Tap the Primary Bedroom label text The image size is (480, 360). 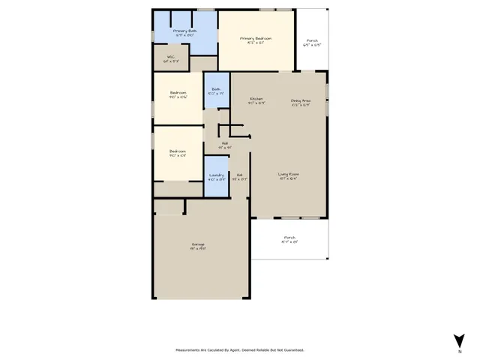click(256, 38)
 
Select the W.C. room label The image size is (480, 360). click(172, 58)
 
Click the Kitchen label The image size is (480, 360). click(256, 100)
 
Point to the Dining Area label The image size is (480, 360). click(301, 100)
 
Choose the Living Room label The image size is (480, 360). click(289, 174)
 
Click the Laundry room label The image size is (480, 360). click(216, 175)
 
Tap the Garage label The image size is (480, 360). click(198, 244)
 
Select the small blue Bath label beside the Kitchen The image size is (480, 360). click(216, 89)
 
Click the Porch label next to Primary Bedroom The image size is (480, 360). click(311, 41)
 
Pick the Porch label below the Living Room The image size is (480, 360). click(289, 238)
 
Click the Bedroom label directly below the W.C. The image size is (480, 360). click(178, 93)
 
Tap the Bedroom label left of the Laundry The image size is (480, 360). click(178, 152)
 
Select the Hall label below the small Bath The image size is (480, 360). click(224, 143)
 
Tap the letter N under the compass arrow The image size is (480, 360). click(459, 351)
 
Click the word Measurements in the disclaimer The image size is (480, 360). click(188, 350)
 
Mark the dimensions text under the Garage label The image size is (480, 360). click(198, 249)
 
